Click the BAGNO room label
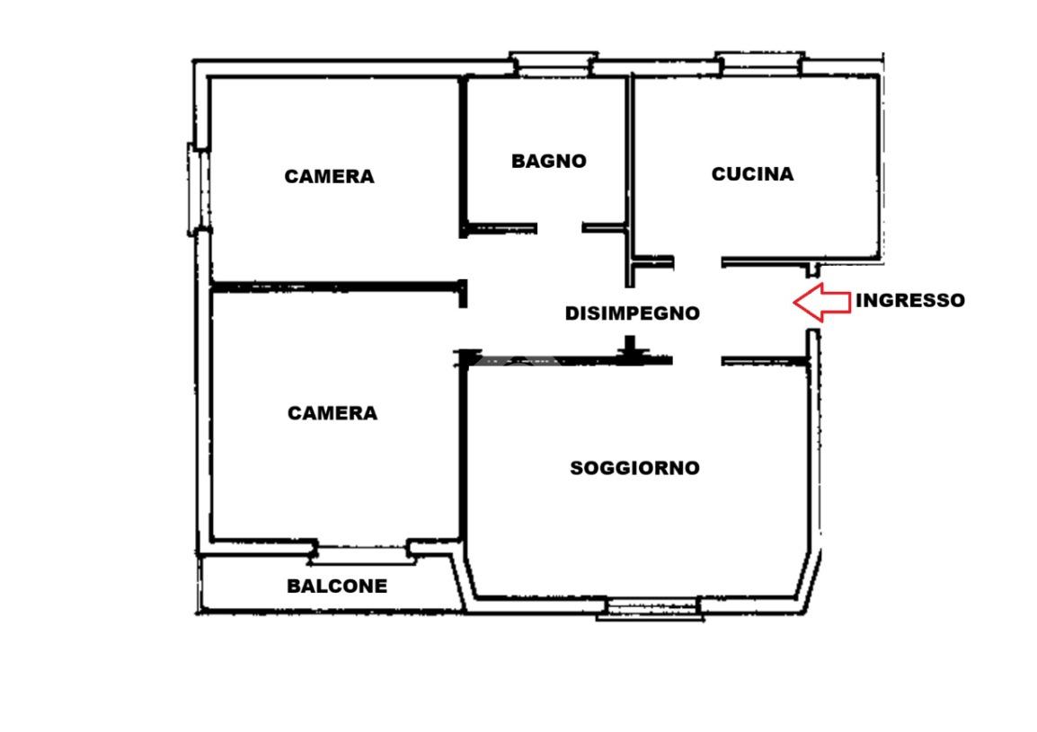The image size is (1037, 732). (x=549, y=162)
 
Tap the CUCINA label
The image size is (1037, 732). (x=753, y=174)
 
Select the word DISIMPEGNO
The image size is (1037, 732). (x=633, y=313)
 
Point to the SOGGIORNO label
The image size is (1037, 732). (x=635, y=468)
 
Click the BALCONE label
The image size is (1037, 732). (x=337, y=586)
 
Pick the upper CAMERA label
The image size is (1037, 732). (x=330, y=177)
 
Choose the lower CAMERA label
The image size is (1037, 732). (x=332, y=413)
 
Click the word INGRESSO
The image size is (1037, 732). (x=910, y=300)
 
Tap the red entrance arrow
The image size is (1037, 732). (x=822, y=302)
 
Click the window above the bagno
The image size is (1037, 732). (x=554, y=65)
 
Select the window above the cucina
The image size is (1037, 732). (x=760, y=64)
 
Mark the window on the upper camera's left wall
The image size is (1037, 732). (x=198, y=190)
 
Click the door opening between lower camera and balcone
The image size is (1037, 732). (x=362, y=552)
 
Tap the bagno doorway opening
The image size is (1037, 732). (x=560, y=228)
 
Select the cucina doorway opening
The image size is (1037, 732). (x=697, y=262)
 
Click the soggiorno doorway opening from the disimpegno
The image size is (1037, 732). (x=697, y=361)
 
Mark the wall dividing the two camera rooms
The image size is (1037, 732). (x=337, y=287)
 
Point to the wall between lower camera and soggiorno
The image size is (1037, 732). (x=463, y=453)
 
